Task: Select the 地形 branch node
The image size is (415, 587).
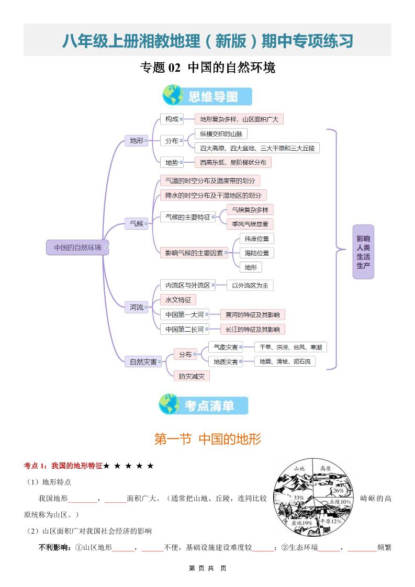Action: pyautogui.click(x=137, y=140)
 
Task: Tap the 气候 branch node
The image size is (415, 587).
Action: pyautogui.click(x=137, y=223)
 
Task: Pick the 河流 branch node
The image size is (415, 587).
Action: pyautogui.click(x=137, y=307)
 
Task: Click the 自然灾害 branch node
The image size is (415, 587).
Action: pyautogui.click(x=143, y=362)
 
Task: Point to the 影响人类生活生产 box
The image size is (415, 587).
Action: pyautogui.click(x=363, y=252)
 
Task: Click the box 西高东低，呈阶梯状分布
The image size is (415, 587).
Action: pyautogui.click(x=233, y=163)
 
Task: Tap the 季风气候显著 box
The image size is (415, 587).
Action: pyautogui.click(x=250, y=224)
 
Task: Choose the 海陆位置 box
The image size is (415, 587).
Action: pyautogui.click(x=257, y=253)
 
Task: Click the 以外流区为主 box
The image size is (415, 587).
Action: pyautogui.click(x=250, y=285)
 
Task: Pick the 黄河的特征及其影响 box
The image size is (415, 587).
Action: pyautogui.click(x=252, y=315)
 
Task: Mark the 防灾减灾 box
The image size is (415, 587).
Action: pyautogui.click(x=192, y=376)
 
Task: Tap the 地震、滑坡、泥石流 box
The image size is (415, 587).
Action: pyautogui.click(x=285, y=362)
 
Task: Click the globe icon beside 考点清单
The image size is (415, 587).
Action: pyautogui.click(x=169, y=404)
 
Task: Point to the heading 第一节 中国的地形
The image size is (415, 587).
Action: pyautogui.click(x=207, y=439)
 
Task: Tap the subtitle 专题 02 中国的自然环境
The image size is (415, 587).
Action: pyautogui.click(x=207, y=68)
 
